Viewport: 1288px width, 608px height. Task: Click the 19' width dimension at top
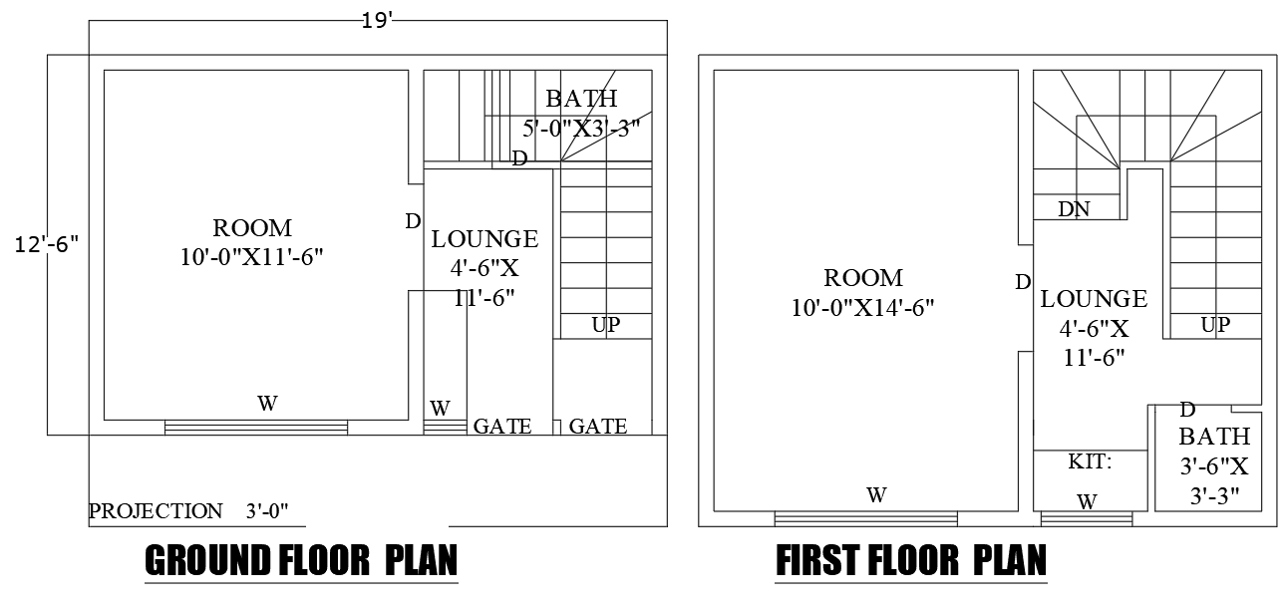click(x=378, y=21)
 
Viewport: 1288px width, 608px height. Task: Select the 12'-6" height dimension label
click(x=46, y=244)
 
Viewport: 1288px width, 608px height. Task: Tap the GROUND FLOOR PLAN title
click(x=301, y=561)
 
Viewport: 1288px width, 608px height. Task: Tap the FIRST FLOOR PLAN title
click(x=911, y=561)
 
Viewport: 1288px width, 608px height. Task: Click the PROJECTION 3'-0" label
click(x=188, y=511)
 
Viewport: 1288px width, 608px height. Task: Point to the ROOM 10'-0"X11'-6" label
click(x=252, y=242)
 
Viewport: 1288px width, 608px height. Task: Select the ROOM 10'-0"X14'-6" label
click(x=863, y=293)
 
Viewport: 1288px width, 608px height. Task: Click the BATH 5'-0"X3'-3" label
click(x=581, y=113)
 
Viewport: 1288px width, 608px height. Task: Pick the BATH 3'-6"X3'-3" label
click(x=1213, y=466)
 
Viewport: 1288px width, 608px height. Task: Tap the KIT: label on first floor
click(x=1090, y=461)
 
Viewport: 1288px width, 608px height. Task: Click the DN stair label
click(x=1074, y=209)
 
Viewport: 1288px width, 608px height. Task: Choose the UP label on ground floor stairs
click(x=605, y=324)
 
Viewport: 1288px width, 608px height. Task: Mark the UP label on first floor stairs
click(x=1214, y=324)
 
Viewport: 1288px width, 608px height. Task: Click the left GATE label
click(x=501, y=427)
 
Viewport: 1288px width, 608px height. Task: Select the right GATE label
click(x=598, y=427)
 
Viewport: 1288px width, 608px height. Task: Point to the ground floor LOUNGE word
click(x=484, y=239)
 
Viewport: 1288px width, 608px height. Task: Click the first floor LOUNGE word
click(x=1094, y=299)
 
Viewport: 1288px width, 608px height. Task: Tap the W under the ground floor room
click(x=267, y=404)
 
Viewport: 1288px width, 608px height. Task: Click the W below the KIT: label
click(x=1088, y=502)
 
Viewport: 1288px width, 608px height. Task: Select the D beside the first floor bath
click(x=1187, y=410)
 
